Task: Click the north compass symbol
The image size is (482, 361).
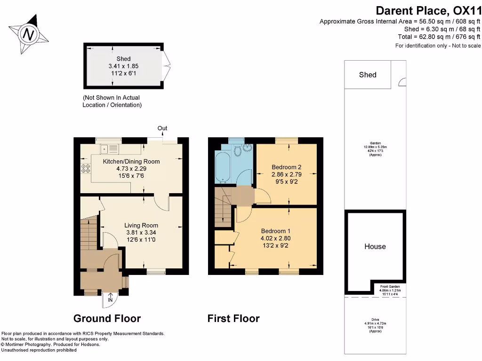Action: tap(29, 34)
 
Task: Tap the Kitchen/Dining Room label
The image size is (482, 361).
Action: tap(131, 161)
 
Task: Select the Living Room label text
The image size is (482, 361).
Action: tap(141, 225)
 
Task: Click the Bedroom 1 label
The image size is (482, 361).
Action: tap(276, 231)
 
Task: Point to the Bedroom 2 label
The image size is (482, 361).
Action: tap(286, 167)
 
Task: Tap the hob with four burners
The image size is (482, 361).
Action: tap(86, 169)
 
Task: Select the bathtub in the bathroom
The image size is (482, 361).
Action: tap(221, 167)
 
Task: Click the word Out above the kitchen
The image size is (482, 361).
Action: tap(162, 128)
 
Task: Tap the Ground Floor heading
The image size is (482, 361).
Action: tap(107, 318)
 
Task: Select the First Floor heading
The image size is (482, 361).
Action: tap(233, 318)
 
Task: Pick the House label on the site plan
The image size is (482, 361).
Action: tap(375, 246)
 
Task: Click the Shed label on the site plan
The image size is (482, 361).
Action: tap(368, 75)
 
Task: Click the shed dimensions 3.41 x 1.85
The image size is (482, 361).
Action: tap(123, 66)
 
